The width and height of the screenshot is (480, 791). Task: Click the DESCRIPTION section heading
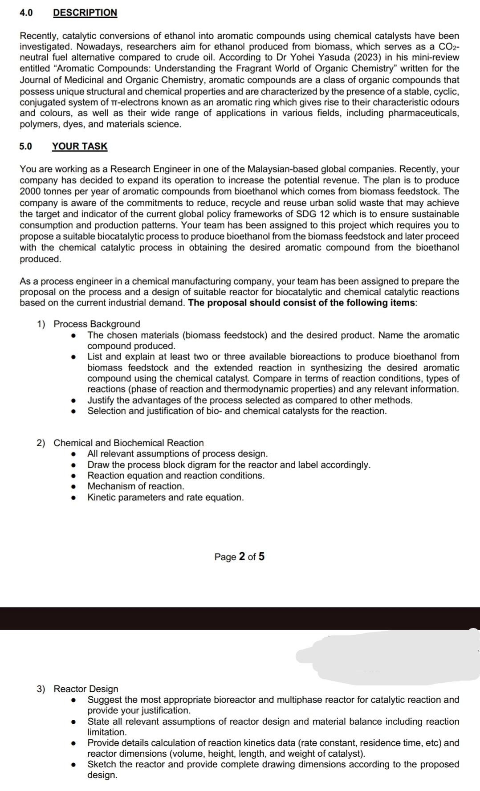coord(85,12)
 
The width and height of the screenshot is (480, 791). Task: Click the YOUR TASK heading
coord(80,146)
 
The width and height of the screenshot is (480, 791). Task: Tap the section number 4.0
coord(26,12)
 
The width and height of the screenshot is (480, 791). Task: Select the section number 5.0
coord(26,146)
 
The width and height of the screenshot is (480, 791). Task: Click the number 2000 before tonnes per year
coord(30,192)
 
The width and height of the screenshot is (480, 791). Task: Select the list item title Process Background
coord(97,324)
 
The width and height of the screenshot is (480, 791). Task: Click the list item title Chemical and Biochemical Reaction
coord(129,443)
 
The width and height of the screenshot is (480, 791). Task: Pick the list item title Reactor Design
coord(86,689)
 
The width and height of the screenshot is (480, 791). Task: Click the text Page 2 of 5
coord(240,557)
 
